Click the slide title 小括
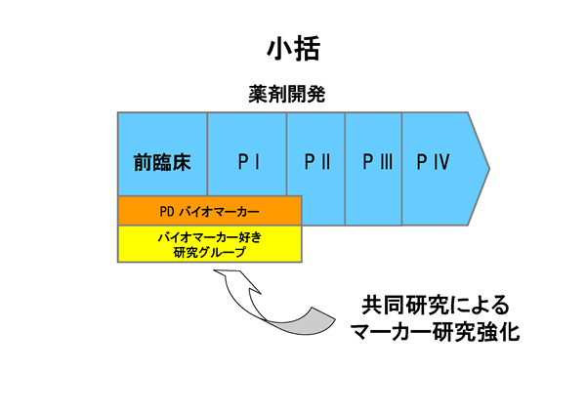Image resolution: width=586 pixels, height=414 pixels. (293, 46)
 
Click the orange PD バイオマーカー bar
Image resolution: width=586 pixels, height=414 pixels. (209, 210)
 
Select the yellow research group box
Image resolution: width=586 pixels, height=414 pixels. (209, 244)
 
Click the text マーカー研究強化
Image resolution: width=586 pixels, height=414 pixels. (435, 333)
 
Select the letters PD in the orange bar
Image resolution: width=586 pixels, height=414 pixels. (166, 210)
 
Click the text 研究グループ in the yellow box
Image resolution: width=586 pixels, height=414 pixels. (208, 252)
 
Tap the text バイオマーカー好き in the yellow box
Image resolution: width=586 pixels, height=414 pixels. (209, 236)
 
